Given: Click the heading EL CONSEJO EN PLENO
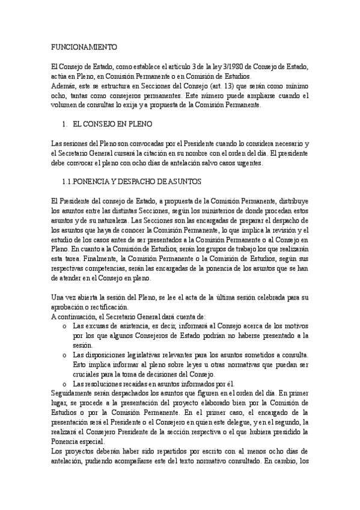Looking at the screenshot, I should click(x=112, y=124).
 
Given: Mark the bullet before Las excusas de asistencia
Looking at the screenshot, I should click(x=64, y=325).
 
